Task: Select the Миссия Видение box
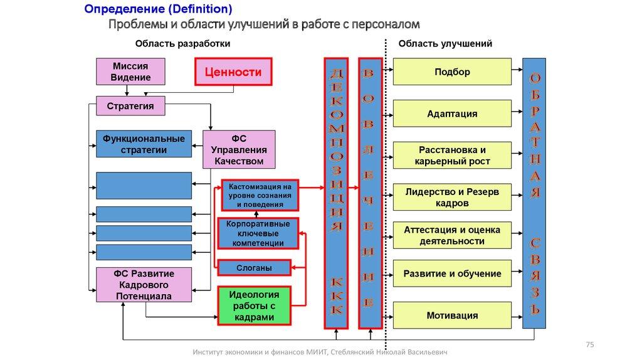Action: [x=130, y=71]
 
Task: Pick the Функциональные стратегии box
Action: [x=144, y=144]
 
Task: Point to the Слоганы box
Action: [x=254, y=268]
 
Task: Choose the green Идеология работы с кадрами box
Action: [x=254, y=305]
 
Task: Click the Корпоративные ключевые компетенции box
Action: [x=258, y=233]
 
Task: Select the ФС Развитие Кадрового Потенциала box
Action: [x=144, y=285]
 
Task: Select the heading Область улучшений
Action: [x=445, y=44]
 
